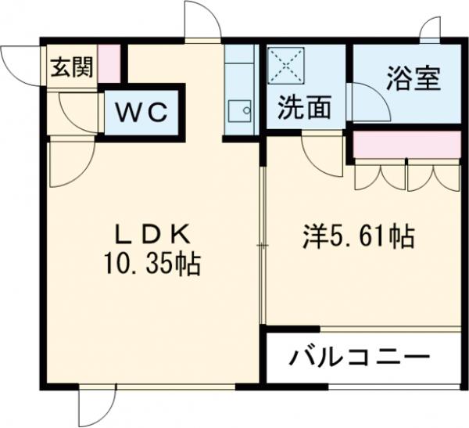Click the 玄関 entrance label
71,67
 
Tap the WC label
142,113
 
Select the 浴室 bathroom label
414,78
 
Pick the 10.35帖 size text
152,264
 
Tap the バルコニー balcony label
361,359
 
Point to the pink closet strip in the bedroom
406,145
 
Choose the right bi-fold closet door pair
432,176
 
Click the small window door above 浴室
431,31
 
